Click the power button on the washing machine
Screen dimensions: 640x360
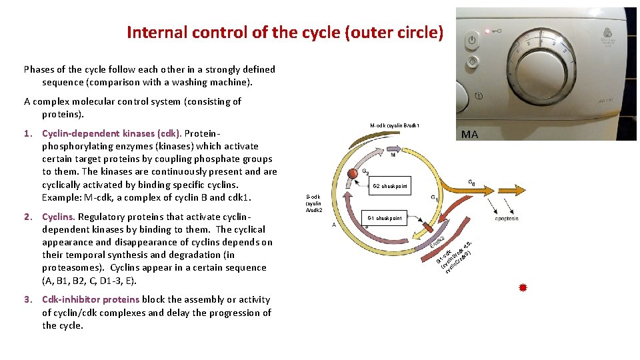[472, 41]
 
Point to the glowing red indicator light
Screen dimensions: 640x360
[487, 31]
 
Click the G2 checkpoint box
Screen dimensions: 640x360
[390, 186]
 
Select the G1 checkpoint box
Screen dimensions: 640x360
[385, 218]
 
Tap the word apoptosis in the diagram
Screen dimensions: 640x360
[507, 219]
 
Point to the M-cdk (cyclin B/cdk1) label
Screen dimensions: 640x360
[395, 125]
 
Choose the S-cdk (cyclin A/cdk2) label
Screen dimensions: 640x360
[313, 203]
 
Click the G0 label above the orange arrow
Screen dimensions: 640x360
[472, 182]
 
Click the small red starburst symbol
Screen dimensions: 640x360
[523, 288]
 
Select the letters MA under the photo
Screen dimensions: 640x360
[469, 134]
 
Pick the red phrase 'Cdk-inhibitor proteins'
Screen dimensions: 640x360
[90, 300]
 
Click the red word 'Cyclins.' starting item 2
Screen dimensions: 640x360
[59, 217]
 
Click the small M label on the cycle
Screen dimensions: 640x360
[393, 155]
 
